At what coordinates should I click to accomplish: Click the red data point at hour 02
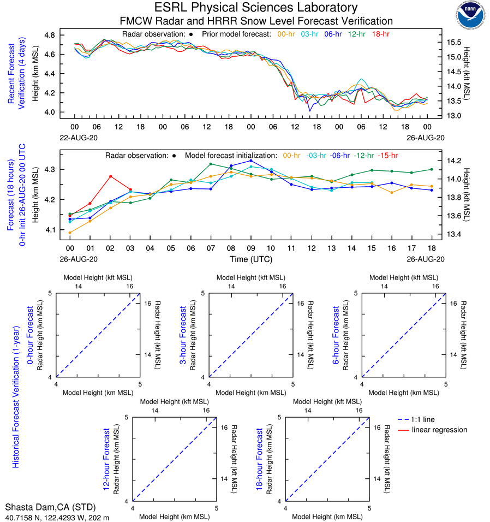110,176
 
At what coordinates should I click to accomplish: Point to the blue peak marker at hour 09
251,161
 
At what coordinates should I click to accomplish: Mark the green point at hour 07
211,164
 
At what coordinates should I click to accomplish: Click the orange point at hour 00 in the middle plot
70,233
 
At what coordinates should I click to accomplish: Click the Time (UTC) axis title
251,259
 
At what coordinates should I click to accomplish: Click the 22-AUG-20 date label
75,139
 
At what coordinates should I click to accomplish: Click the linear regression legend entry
439,430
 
